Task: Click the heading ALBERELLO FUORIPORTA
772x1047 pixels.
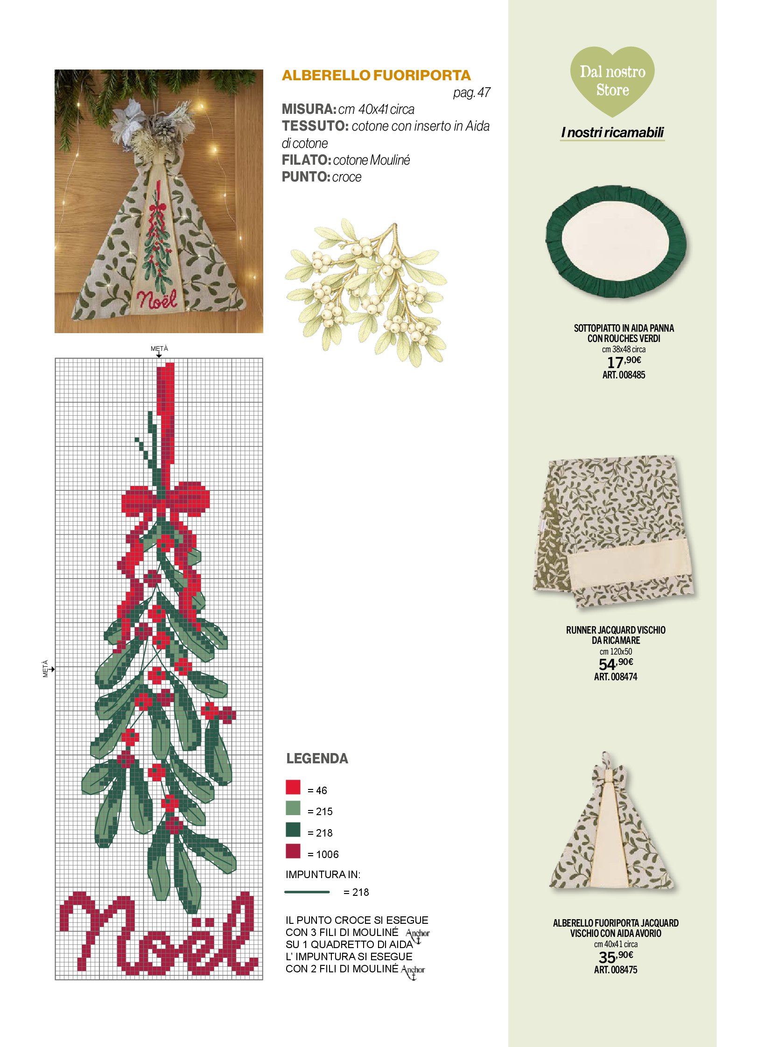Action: tap(376, 75)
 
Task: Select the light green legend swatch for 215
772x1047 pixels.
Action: tap(293, 808)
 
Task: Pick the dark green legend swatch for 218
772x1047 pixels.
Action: tap(293, 830)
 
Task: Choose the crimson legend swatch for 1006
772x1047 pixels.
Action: tap(293, 851)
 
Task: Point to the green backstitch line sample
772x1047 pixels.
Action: tap(307, 892)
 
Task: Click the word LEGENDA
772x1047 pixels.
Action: tap(317, 759)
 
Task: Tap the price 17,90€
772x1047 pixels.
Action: tap(624, 362)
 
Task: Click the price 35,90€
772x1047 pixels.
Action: tap(616, 956)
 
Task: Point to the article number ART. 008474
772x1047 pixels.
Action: tap(616, 677)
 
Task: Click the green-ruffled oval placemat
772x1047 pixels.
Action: tap(616, 242)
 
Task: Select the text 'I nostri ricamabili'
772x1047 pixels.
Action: tap(613, 133)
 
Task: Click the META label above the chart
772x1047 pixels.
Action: tap(159, 349)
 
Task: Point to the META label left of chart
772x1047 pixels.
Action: tap(45, 669)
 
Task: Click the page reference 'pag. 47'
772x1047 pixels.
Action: tap(471, 92)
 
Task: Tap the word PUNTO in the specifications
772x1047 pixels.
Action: tap(305, 177)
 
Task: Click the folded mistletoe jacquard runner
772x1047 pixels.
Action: tap(615, 532)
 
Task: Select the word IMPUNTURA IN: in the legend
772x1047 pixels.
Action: tap(323, 874)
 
